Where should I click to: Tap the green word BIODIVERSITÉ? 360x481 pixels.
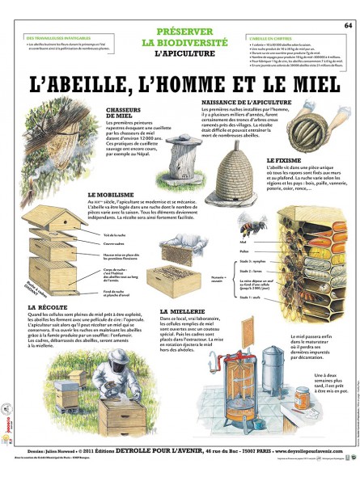point(180,42)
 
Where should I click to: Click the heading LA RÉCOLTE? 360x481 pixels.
point(48,308)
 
